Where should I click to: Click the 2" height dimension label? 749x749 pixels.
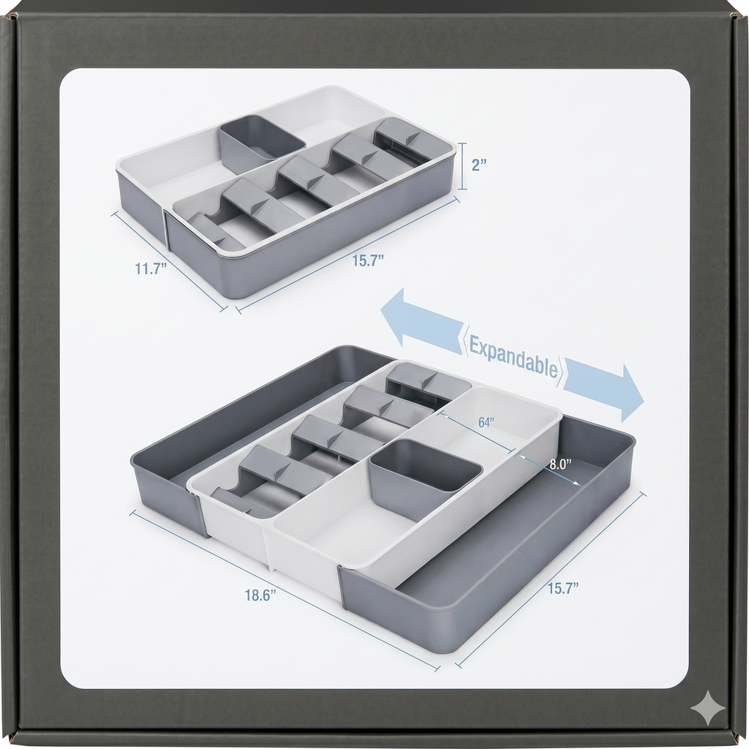[x=478, y=165]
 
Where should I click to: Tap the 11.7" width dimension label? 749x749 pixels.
[x=151, y=268]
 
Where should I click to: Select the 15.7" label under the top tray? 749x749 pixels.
[x=369, y=260]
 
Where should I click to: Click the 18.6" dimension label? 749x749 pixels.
[x=261, y=595]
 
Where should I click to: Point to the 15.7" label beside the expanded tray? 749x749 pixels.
[x=563, y=588]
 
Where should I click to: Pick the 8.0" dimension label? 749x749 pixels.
[x=560, y=464]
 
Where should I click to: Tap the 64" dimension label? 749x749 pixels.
[x=486, y=422]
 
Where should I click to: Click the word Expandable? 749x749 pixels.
[x=513, y=356]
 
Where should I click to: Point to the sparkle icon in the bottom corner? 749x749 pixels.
[x=708, y=708]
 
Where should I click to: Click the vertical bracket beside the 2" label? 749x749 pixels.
[x=462, y=166]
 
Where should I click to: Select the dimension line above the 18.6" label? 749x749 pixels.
[x=285, y=590]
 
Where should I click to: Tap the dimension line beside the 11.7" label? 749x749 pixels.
[x=169, y=262]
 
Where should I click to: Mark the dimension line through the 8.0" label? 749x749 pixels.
[x=550, y=470]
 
